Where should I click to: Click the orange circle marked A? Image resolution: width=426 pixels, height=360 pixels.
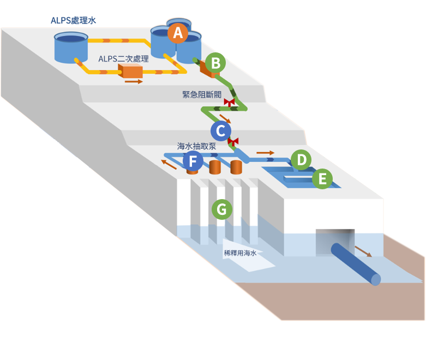click(x=178, y=33)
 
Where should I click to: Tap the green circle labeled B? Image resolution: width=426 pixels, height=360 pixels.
click(x=215, y=63)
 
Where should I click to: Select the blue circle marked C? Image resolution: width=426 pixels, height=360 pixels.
click(x=221, y=131)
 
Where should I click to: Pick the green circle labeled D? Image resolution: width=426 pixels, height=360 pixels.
click(x=301, y=160)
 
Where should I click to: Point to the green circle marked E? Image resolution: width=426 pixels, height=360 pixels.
click(x=322, y=179)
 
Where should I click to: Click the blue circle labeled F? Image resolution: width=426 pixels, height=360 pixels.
click(x=193, y=161)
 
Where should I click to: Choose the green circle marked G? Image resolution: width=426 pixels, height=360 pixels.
click(x=222, y=209)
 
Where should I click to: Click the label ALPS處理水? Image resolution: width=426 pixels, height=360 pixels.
click(x=73, y=20)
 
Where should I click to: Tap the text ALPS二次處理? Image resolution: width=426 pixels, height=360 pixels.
click(x=123, y=59)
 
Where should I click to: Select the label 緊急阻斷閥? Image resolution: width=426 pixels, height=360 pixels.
click(x=202, y=94)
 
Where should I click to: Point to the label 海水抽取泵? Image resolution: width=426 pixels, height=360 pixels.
click(x=196, y=146)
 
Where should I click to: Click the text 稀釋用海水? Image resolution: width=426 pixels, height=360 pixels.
click(x=240, y=253)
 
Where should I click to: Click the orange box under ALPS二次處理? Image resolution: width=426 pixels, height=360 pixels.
click(x=130, y=71)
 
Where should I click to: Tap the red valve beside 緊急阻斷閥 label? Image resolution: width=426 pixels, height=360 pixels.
click(x=229, y=103)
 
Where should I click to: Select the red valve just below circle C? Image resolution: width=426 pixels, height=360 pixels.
click(x=233, y=142)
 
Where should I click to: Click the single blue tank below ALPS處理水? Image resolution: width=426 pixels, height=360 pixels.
click(x=71, y=47)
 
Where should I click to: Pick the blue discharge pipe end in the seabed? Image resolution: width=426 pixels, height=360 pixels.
click(x=376, y=280)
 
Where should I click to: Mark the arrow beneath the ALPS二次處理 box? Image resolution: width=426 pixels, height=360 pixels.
click(x=134, y=81)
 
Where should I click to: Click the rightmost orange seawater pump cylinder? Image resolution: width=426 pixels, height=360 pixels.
click(x=236, y=167)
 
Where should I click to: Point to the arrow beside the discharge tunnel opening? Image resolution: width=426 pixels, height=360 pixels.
click(x=363, y=251)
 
